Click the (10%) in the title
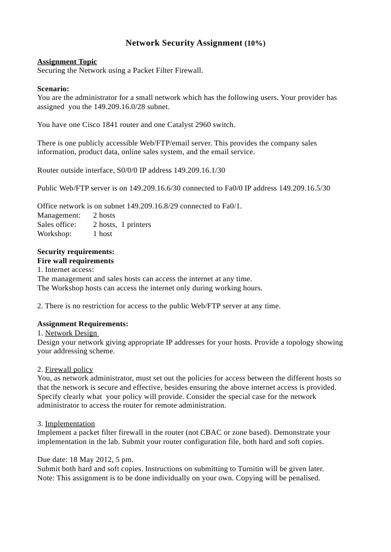[x=255, y=43]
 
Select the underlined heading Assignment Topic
[x=67, y=62]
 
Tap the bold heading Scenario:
[x=53, y=88]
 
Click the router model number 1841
[x=104, y=125]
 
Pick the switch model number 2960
[x=209, y=125]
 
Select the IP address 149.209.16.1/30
[x=199, y=170]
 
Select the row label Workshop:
[x=54, y=233]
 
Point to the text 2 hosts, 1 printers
[x=122, y=225]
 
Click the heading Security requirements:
[x=76, y=252]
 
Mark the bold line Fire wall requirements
[x=76, y=261]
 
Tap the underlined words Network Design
[x=71, y=333]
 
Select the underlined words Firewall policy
[x=69, y=369]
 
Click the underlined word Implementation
[x=70, y=423]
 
